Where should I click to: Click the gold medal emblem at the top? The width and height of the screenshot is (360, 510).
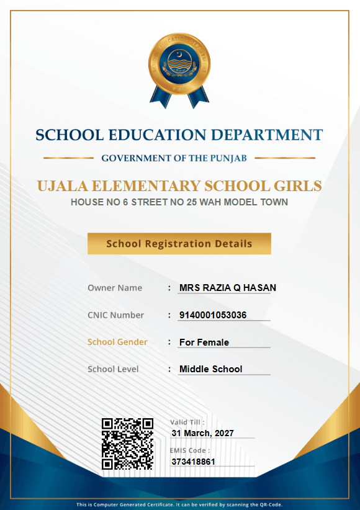(x=179, y=67)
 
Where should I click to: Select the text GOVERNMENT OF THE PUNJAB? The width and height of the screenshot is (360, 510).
(x=174, y=158)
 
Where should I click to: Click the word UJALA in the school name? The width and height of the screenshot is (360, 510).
(x=61, y=186)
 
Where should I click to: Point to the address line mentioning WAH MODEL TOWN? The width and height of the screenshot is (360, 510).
(x=179, y=202)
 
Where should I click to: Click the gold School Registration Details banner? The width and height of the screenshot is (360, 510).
(x=179, y=244)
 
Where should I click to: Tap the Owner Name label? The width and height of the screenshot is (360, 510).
(x=115, y=288)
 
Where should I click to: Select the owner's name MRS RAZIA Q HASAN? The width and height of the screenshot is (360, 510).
(x=228, y=288)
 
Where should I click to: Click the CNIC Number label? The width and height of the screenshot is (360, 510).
(x=115, y=315)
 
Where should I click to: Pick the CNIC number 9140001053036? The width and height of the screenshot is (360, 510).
(x=213, y=315)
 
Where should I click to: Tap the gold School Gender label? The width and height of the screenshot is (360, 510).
(x=117, y=342)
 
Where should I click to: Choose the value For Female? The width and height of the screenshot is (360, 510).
(x=204, y=342)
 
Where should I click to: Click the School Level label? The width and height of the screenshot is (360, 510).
(x=113, y=369)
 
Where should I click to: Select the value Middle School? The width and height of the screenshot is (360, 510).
(x=211, y=369)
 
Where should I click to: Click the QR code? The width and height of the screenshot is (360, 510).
(x=127, y=443)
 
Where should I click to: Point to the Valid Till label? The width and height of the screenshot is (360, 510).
(x=187, y=422)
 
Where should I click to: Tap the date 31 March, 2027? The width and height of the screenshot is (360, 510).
(x=203, y=433)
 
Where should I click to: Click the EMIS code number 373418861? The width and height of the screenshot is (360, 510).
(x=193, y=462)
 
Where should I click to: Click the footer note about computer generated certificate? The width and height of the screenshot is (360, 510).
(x=179, y=504)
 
